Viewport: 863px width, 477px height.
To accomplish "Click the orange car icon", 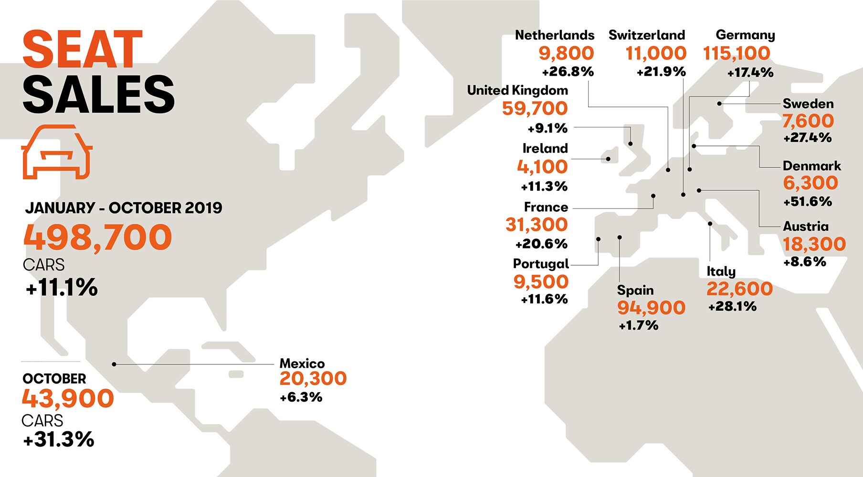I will [x=57, y=152].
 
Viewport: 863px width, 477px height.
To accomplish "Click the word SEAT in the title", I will [x=82, y=50].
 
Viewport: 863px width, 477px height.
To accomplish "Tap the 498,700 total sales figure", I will [x=98, y=237].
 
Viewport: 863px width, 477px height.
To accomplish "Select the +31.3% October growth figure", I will [x=59, y=439].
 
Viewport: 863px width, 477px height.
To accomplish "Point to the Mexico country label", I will [x=302, y=363].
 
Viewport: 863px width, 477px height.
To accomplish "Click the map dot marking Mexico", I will [x=114, y=364].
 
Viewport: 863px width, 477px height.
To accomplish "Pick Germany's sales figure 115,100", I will [x=737, y=53].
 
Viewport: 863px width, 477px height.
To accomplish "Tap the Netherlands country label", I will [x=554, y=35].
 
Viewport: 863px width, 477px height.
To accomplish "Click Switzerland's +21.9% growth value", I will [x=661, y=72].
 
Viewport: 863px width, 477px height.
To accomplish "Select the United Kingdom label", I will [x=517, y=90].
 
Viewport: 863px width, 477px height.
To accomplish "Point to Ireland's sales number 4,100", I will [x=542, y=167].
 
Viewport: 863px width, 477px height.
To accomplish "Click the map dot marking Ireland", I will [x=608, y=159].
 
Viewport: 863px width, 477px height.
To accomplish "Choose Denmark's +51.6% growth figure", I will [x=808, y=202].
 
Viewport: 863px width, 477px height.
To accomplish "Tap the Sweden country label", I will [x=808, y=104].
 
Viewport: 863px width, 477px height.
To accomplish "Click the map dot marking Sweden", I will [x=719, y=104].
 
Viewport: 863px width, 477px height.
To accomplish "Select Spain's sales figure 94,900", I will [x=651, y=308].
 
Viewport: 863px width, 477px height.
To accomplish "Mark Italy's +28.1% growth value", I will [x=732, y=306].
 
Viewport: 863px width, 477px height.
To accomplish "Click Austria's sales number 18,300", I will [x=814, y=244].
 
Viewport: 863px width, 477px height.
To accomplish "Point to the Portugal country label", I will [x=541, y=264].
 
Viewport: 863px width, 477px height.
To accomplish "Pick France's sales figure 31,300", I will [x=537, y=225].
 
